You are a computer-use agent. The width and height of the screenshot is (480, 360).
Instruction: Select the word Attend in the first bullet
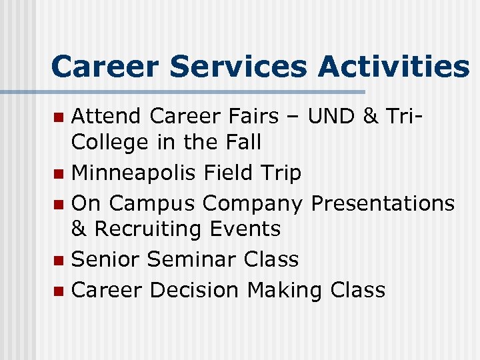[x=107, y=117]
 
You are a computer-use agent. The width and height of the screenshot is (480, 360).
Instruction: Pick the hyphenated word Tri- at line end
[x=407, y=117]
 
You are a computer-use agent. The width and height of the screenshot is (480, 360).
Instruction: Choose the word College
[x=109, y=143]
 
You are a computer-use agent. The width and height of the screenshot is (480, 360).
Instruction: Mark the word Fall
[x=240, y=142]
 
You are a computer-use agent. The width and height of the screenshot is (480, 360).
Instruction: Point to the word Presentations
[x=383, y=203]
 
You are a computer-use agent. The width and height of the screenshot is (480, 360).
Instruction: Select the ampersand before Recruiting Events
[x=79, y=229]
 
